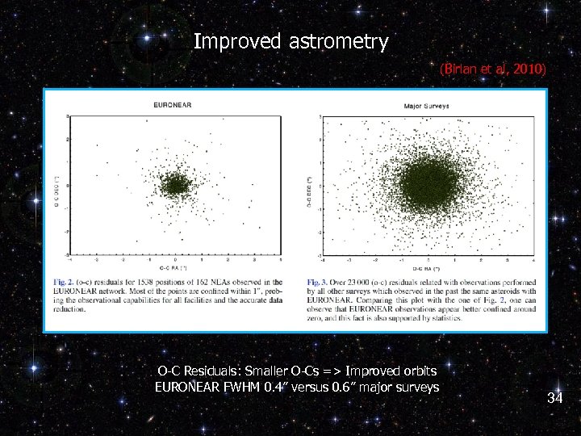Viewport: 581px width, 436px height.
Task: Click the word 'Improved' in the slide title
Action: coord(237,41)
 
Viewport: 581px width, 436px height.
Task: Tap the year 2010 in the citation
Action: coord(529,70)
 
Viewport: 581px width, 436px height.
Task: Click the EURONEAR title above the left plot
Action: coord(173,105)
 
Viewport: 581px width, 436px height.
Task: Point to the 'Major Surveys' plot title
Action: coord(426,106)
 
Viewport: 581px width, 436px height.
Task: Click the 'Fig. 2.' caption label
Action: coord(63,283)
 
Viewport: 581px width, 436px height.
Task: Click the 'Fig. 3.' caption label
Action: coord(316,283)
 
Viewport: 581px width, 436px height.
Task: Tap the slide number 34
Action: coord(554,398)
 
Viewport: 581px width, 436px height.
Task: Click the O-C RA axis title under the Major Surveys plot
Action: coord(427,267)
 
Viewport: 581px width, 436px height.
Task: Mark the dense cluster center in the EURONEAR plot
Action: coord(173,186)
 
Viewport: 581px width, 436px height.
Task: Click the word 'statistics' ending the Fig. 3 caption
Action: coord(448,317)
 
